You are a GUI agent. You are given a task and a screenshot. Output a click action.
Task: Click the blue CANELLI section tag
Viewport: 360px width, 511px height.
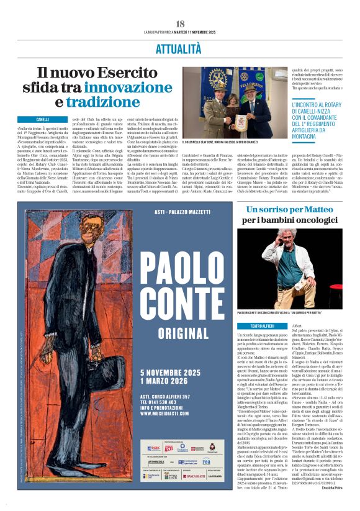(43, 119)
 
